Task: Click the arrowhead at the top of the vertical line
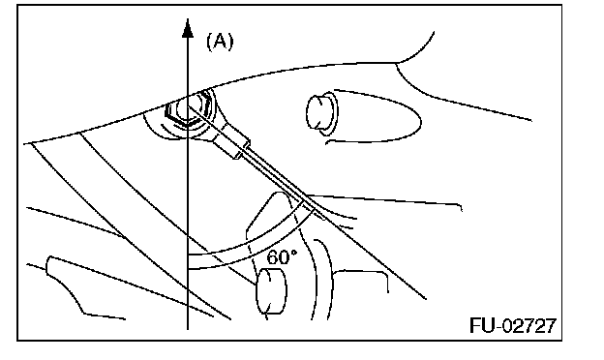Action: [188, 28]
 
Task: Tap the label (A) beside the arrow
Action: [220, 42]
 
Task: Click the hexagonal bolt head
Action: [189, 107]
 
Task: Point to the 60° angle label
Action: [282, 256]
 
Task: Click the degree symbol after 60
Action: [294, 253]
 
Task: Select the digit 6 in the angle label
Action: [272, 257]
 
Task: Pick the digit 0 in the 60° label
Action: [285, 257]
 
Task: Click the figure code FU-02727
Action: [513, 325]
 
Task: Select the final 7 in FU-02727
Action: [551, 325]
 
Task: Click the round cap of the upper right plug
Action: [317, 112]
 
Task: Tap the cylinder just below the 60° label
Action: [271, 291]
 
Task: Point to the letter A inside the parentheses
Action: [220, 41]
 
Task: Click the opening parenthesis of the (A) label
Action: [209, 42]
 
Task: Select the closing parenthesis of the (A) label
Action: [230, 42]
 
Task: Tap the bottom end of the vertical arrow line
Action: [188, 329]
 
